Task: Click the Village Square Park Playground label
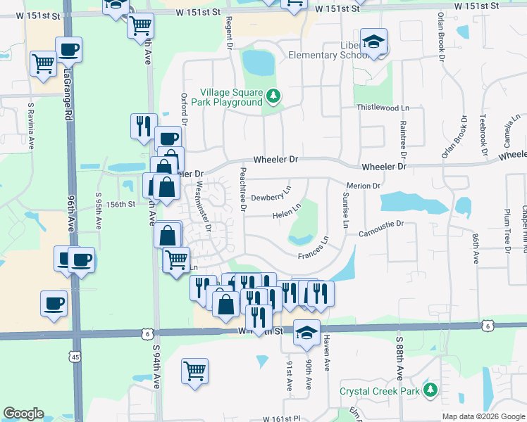(x=231, y=97)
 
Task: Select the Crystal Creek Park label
(x=380, y=391)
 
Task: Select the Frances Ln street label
(x=314, y=250)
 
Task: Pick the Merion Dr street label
(x=364, y=186)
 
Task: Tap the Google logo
(x=23, y=414)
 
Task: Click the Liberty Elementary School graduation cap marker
(x=373, y=41)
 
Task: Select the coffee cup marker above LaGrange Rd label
(x=68, y=49)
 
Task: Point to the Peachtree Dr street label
(x=243, y=189)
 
